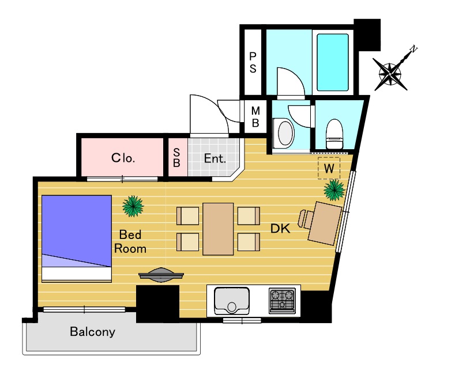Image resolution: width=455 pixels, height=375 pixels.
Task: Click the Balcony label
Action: tap(93, 332)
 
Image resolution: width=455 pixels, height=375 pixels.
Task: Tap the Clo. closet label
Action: tap(123, 158)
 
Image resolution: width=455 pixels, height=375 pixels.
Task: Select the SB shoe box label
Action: tap(176, 158)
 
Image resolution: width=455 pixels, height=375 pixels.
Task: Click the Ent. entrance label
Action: tap(215, 158)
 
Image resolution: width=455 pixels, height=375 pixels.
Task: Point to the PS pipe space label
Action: tap(253, 63)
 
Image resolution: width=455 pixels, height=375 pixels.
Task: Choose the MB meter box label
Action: tap(255, 117)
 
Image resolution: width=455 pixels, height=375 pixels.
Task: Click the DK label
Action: tap(280, 229)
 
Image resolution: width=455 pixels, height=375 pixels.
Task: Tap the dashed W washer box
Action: tap(329, 168)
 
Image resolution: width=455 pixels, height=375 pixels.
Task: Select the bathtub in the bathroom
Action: tap(333, 62)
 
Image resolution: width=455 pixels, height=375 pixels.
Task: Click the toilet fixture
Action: tap(334, 134)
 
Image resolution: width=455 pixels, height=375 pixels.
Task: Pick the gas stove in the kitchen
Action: tap(282, 301)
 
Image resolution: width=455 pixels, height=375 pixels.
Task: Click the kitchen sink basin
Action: tap(232, 301)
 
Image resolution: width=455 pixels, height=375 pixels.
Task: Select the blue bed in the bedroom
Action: tap(77, 238)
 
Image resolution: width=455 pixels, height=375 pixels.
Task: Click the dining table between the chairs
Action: tap(218, 229)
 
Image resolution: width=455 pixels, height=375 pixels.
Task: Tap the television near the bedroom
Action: tap(161, 274)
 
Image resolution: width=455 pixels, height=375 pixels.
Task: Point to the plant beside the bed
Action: tap(133, 206)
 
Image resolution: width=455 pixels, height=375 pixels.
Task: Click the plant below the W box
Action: tap(334, 190)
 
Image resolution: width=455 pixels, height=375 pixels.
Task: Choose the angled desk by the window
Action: tap(325, 224)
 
